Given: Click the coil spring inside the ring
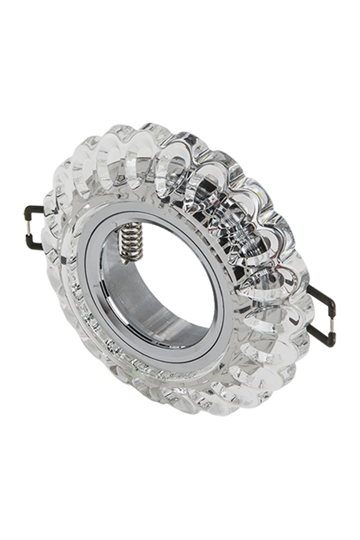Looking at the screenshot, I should click(131, 241).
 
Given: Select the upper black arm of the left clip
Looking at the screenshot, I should click(36, 209).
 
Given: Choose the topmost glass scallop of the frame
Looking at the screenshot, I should click(148, 130).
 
